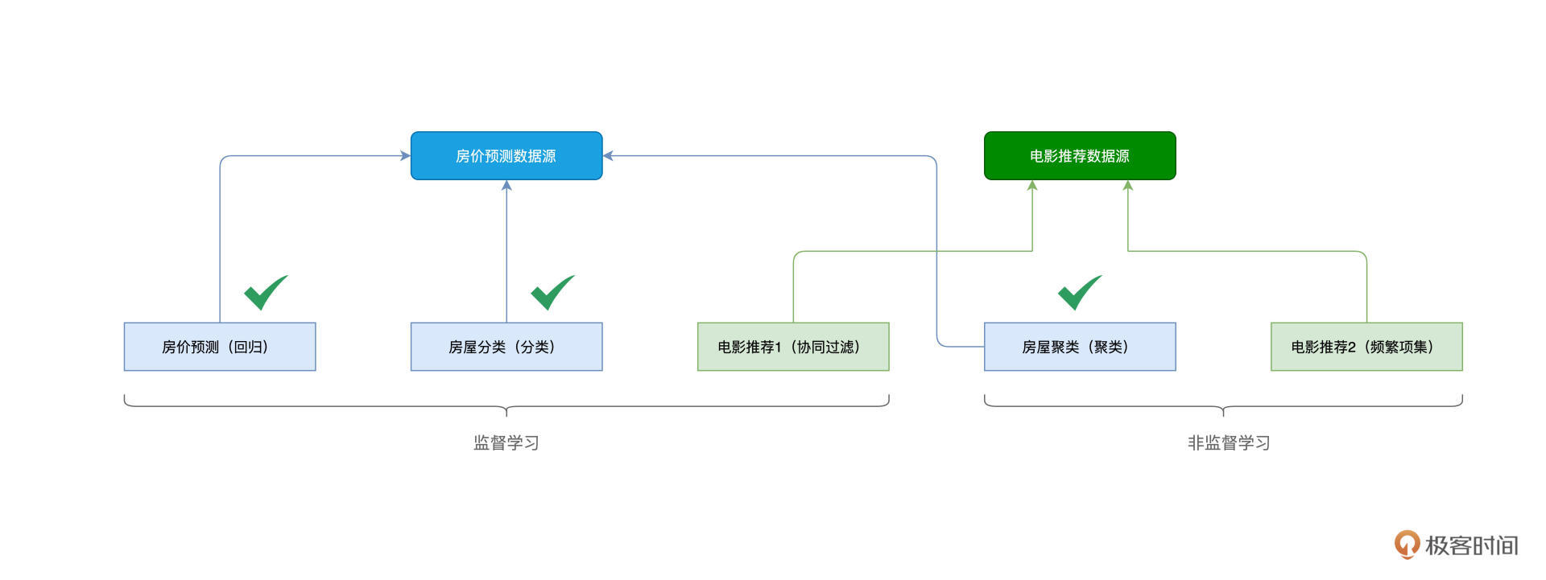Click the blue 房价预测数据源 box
point(506,156)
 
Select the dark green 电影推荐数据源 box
point(1080,156)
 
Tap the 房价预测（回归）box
point(220,347)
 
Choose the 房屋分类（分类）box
point(506,347)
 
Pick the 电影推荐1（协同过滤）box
point(793,347)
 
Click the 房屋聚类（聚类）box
point(1080,347)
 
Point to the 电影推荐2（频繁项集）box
point(1366,347)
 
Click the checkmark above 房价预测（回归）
point(265,293)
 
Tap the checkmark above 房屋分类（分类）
point(552,293)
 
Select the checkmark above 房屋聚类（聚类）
point(1079,293)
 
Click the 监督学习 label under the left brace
point(506,442)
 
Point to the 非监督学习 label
point(1229,442)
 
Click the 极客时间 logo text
point(1471,545)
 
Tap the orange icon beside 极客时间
point(1407,545)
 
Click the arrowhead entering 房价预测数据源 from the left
point(406,156)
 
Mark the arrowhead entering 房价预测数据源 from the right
point(608,156)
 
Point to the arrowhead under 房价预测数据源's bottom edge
point(506,186)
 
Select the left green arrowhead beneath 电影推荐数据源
point(1032,186)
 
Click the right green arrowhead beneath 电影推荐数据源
point(1128,186)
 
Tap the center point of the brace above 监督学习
point(506,411)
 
